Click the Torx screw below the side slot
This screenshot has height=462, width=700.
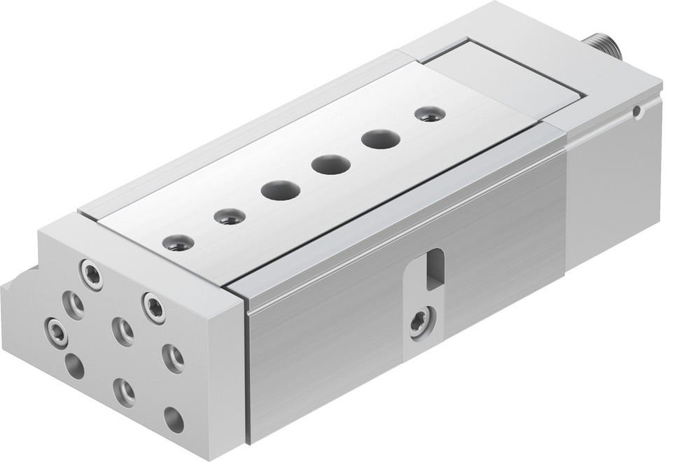pyautogui.click(x=421, y=323)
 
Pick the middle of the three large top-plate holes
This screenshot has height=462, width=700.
pyautogui.click(x=331, y=165)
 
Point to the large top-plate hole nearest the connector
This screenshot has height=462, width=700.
pyautogui.click(x=380, y=139)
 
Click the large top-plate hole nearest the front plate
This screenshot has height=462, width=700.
pyautogui.click(x=280, y=190)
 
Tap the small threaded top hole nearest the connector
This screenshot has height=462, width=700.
pyautogui.click(x=430, y=113)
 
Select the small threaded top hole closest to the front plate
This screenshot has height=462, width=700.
pyautogui.click(x=178, y=243)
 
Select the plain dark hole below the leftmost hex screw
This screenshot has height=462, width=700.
pyautogui.click(x=74, y=365)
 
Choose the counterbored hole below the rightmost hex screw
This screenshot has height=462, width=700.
pyautogui.click(x=173, y=358)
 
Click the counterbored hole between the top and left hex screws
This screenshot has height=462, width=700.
pyautogui.click(x=73, y=304)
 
